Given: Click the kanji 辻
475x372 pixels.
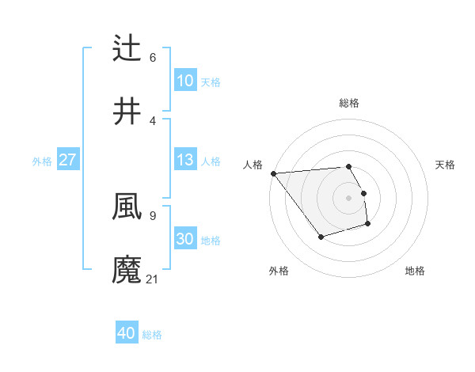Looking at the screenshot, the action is coord(127,48).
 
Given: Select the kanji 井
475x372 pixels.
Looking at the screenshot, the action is coord(127,111).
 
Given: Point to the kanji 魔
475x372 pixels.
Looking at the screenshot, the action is coord(127,269).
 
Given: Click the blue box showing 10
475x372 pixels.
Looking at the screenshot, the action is coord(184,81).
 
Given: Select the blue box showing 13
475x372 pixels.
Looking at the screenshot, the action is coord(184,160).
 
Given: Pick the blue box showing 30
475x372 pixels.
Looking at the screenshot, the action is coord(184,239).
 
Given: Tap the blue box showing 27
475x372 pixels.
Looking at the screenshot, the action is coord(67,160).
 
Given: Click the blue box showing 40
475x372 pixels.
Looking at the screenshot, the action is coord(127,333).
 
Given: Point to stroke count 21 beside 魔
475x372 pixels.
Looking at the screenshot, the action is coord(153,279).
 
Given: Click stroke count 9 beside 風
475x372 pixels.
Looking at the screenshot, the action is coord(152,215).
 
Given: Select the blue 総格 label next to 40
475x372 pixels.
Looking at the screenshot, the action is coord(152,335).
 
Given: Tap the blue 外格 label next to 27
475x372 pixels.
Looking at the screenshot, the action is coord(42,161).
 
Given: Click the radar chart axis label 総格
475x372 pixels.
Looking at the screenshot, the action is coord(348,103).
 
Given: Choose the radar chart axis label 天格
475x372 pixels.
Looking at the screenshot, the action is coord(445,165).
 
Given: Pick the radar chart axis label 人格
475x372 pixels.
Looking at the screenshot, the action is coord(253,165).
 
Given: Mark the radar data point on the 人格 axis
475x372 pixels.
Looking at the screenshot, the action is coord(273,173).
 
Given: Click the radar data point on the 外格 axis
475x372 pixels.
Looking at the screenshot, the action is coord(321,237).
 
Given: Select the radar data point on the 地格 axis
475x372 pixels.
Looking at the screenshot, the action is coord(368,225).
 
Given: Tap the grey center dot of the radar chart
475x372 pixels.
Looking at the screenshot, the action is coord(348,197).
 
